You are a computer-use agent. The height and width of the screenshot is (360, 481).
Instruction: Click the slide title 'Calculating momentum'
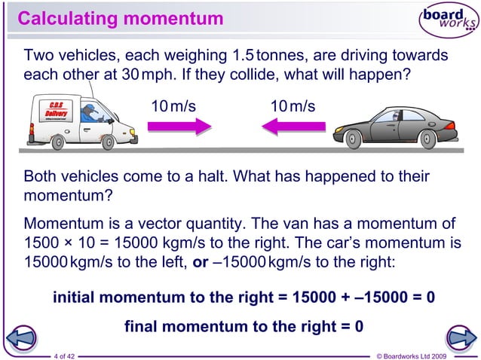[120, 17]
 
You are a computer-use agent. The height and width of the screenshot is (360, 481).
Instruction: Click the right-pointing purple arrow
[176, 128]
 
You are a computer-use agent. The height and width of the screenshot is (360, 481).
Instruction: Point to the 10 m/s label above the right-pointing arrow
[173, 105]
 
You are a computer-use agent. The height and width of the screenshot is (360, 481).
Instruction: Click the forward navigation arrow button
[460, 338]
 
